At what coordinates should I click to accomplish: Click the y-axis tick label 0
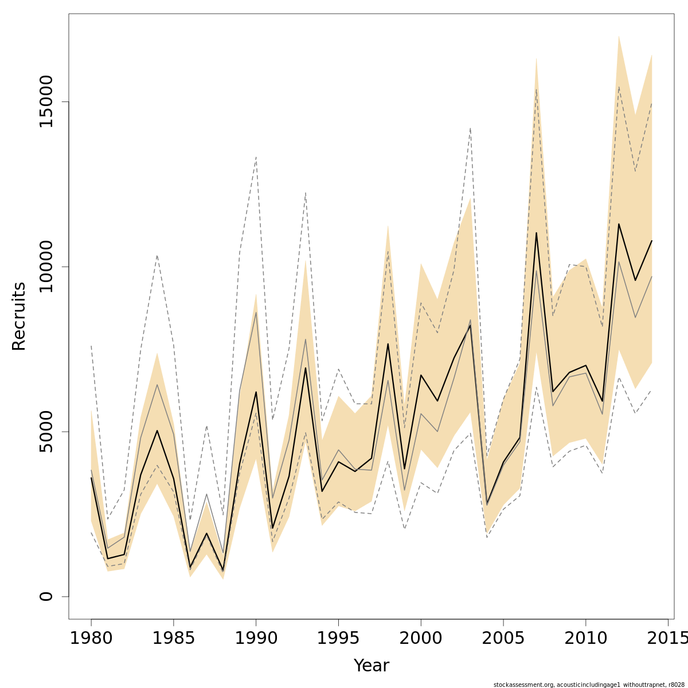point(46,596)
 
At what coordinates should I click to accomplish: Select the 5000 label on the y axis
point(46,431)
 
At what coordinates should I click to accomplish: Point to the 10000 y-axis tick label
point(46,267)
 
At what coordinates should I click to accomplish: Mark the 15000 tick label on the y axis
point(46,101)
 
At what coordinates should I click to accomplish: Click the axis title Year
point(371,666)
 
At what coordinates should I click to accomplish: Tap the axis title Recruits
point(19,316)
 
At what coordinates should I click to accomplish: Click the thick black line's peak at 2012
point(619,224)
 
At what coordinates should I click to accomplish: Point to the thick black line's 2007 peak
point(536,233)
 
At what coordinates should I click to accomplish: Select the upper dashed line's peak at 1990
point(256,157)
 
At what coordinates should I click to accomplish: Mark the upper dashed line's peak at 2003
point(470,128)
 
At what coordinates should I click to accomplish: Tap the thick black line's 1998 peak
point(388,344)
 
